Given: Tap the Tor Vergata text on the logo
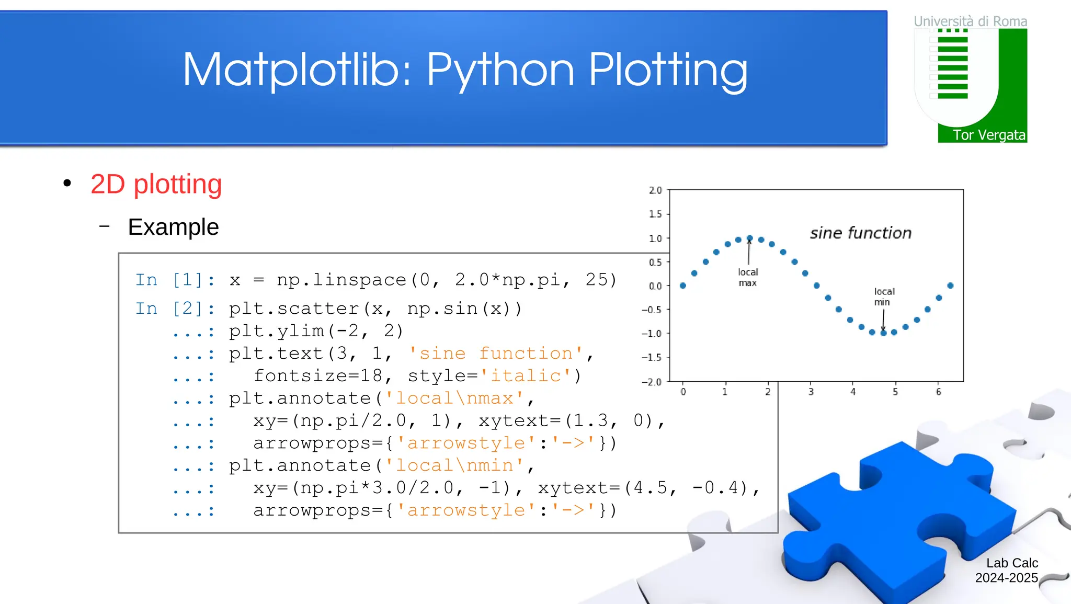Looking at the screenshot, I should [x=988, y=135].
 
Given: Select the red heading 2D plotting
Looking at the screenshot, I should [x=156, y=184].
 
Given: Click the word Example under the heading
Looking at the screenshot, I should [x=173, y=227].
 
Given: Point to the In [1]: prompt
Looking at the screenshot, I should [x=175, y=280].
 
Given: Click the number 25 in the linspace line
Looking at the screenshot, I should [x=596, y=279].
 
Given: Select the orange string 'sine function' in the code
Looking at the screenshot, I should [x=495, y=354].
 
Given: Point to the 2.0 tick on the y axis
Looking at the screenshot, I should [x=655, y=190].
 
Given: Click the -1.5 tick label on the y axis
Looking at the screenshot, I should [x=652, y=358].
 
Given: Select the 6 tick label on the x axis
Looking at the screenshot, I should [x=939, y=392].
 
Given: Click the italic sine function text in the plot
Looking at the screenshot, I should [x=860, y=233].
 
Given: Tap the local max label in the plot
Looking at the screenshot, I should [x=748, y=277].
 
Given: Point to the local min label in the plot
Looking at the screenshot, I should [x=884, y=297].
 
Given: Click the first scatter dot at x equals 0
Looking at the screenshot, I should [x=683, y=286].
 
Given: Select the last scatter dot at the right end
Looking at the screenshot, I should [x=950, y=286].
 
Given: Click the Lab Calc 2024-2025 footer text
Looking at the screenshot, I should [x=1007, y=571].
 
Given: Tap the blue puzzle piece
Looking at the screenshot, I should [x=889, y=518].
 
